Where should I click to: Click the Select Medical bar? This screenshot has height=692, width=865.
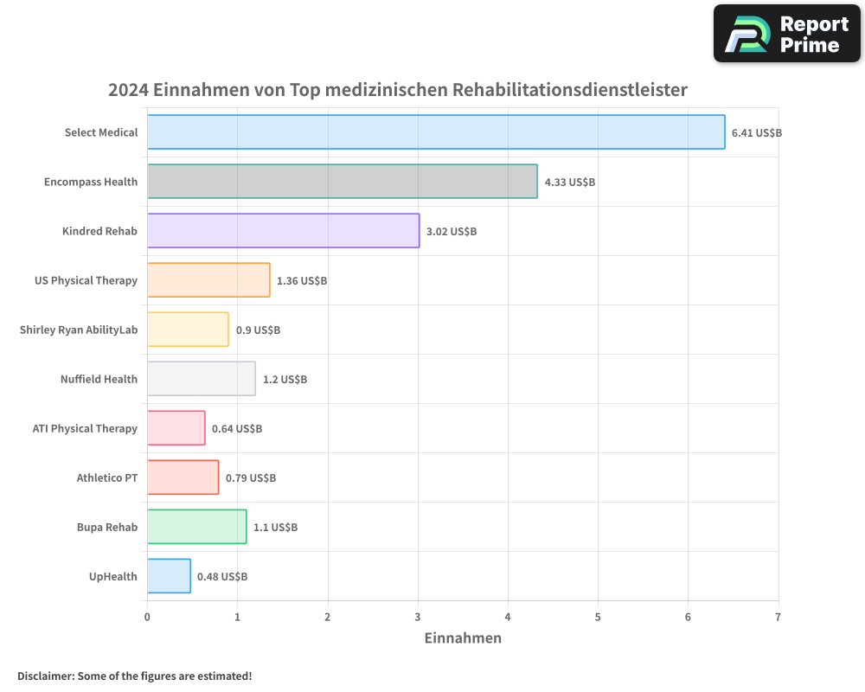tap(436, 132)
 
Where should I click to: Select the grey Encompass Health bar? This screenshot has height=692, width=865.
tap(342, 182)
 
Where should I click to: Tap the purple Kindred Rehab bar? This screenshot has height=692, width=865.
tap(283, 231)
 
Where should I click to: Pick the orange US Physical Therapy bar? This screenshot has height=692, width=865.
tap(208, 280)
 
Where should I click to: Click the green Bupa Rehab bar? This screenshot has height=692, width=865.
tap(196, 527)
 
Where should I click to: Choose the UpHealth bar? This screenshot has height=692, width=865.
tap(169, 576)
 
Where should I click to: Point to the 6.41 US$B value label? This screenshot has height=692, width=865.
tap(757, 133)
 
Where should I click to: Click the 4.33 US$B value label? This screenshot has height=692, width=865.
tap(569, 183)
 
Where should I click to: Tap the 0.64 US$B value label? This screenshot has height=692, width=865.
tap(237, 429)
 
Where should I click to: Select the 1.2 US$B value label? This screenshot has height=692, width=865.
tap(285, 380)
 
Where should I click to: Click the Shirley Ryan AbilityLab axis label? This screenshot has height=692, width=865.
tap(79, 330)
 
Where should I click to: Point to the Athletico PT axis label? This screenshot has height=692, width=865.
tap(106, 477)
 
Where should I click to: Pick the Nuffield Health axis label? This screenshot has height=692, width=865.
tap(99, 379)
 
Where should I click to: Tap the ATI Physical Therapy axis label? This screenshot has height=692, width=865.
tap(85, 428)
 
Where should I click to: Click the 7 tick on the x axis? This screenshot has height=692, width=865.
tap(778, 617)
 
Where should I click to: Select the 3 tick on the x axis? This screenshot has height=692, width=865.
tap(418, 617)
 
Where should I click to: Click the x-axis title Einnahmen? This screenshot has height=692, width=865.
tap(463, 638)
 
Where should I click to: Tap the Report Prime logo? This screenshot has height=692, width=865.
tap(786, 34)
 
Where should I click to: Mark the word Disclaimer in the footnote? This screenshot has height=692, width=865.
tap(45, 676)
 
